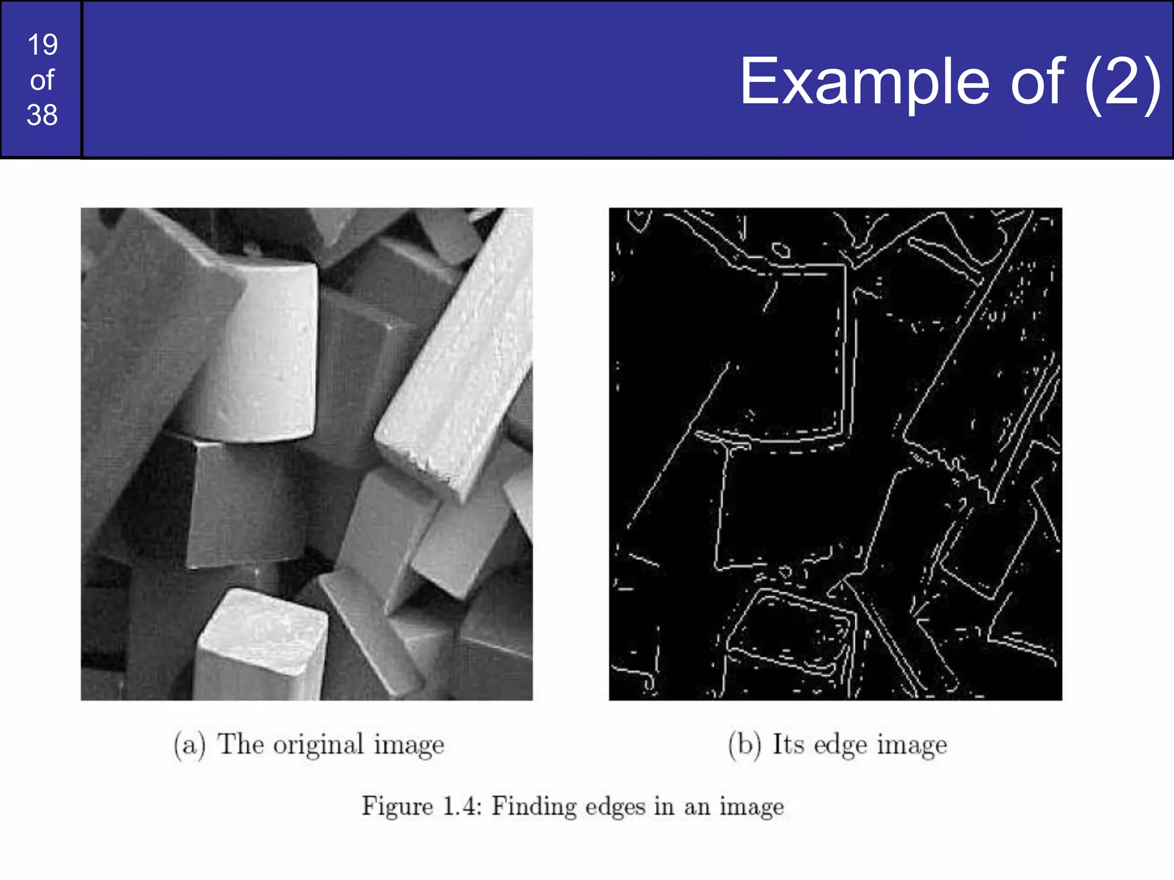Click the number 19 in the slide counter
42,45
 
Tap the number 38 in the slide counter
42,115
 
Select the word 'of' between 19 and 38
42,80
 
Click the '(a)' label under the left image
190,745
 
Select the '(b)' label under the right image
745,745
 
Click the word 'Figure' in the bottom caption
397,807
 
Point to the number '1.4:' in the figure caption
462,807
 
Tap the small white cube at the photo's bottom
261,645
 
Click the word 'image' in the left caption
409,747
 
